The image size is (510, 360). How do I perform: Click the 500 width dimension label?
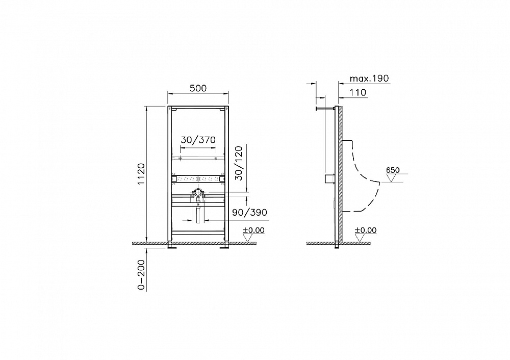pos(198,88)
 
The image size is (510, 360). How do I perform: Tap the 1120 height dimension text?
pos(141,174)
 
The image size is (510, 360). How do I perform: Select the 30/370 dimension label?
pos(198,140)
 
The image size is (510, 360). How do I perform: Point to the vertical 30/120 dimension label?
pos(239,163)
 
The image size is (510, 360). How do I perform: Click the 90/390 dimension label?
pos(249,212)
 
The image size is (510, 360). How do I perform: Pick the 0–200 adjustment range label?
pos(141,275)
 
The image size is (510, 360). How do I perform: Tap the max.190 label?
pos(369,79)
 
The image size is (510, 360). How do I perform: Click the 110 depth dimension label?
pos(358,93)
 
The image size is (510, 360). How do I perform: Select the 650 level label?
pos(393,170)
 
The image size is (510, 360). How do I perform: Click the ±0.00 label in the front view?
pos(253,230)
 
